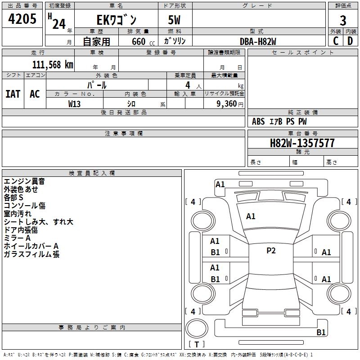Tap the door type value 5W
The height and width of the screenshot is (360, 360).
click(175, 20)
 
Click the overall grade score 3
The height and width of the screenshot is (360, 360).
click(343, 21)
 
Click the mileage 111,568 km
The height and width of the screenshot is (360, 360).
click(53, 64)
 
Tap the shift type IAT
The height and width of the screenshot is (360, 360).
click(13, 94)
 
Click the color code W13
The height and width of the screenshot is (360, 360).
click(75, 103)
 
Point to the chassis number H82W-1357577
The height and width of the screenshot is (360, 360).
click(302, 143)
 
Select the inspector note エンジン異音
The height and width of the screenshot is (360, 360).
click(24, 181)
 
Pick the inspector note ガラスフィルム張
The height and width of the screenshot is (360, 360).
click(31, 254)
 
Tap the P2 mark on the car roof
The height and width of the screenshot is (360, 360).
click(271, 251)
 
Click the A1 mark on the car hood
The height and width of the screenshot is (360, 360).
click(251, 216)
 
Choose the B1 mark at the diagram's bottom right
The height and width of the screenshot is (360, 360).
click(321, 333)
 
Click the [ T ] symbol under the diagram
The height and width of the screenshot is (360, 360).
click(197, 344)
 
